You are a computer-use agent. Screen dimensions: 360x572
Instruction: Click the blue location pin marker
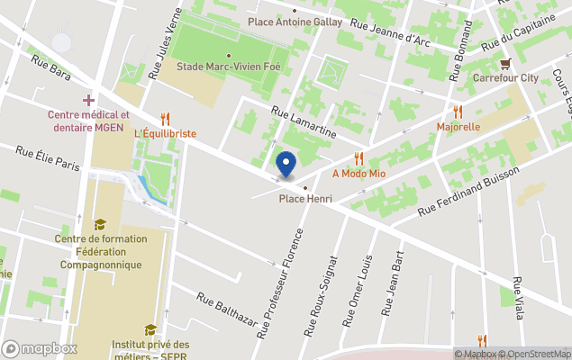click(286, 165)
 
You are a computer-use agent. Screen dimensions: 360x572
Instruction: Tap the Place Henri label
click(305, 199)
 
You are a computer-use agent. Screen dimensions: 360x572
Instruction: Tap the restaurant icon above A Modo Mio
click(359, 158)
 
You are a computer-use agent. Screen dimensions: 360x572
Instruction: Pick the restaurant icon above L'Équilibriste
click(165, 118)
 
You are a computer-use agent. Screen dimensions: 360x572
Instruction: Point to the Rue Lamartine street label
click(304, 121)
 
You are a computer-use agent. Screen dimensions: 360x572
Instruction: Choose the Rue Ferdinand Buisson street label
click(468, 191)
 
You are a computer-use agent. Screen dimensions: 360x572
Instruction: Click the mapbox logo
click(39, 348)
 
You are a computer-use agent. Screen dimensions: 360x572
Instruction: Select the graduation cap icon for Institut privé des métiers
click(150, 329)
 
